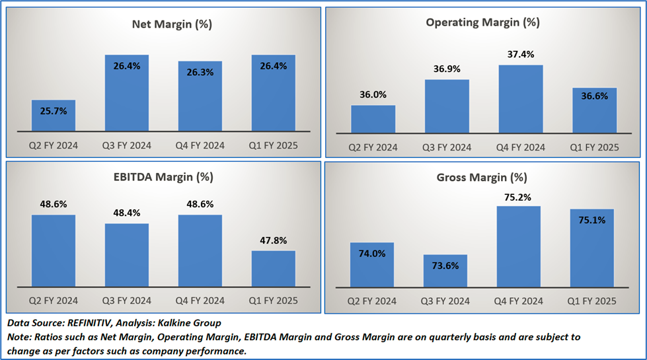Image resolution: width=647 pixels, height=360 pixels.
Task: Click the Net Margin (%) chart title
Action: (163, 24)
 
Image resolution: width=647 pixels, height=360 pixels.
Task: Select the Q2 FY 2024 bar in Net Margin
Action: (54, 116)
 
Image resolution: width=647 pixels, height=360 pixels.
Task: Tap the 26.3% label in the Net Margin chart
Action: (200, 73)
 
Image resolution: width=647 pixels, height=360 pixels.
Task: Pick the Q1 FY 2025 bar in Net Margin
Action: (273, 93)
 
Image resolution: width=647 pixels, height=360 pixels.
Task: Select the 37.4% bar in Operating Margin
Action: (520, 100)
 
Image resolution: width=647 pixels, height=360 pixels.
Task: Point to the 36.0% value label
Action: (373, 94)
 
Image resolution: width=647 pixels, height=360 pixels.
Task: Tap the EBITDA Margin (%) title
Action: (163, 176)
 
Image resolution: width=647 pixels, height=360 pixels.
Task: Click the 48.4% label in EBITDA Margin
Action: (126, 213)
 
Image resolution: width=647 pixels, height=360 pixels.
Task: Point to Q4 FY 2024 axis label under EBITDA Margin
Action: (200, 301)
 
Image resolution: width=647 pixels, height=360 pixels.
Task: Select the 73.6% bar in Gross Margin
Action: (447, 270)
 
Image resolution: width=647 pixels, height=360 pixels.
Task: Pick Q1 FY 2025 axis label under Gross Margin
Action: (594, 301)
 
